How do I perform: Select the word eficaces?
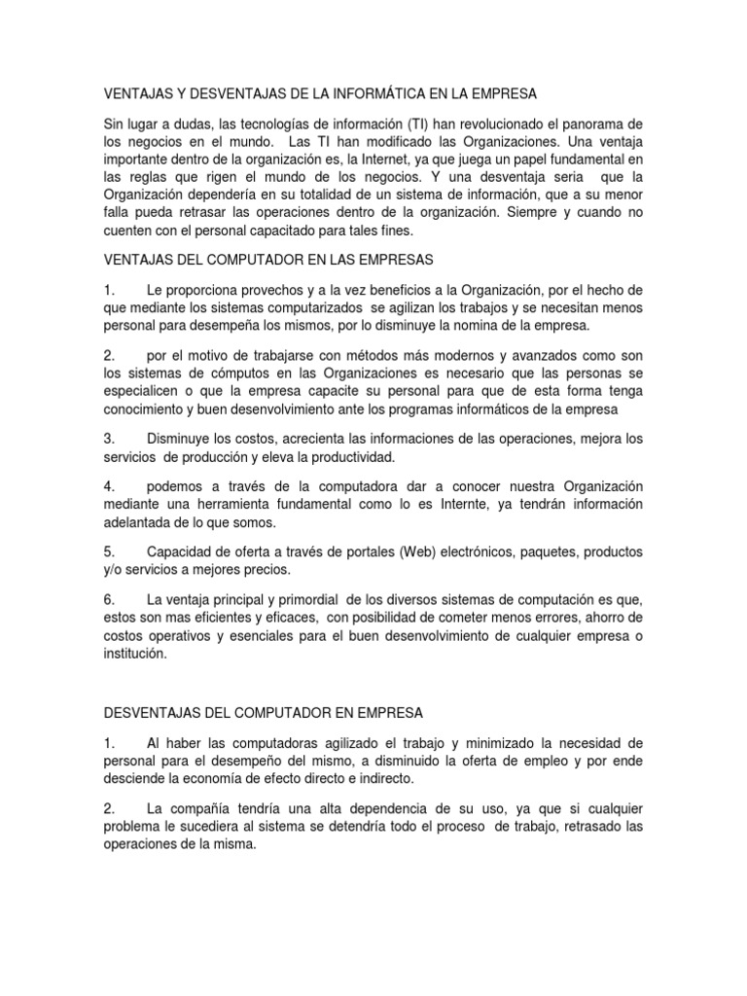287,617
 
